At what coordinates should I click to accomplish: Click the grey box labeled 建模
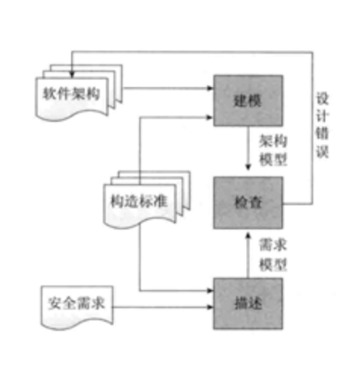248,101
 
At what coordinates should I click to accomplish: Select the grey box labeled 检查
248,203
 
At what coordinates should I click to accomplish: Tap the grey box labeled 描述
248,304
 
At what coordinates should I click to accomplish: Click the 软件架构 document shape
79,92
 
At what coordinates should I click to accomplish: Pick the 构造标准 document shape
147,199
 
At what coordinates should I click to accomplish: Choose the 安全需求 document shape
77,307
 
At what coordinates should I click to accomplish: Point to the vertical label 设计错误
322,125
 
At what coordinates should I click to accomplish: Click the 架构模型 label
273,151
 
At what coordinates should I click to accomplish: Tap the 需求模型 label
273,254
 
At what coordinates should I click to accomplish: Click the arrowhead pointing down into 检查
248,167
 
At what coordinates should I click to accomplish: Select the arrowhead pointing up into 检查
248,235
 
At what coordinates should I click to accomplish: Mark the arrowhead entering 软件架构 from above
72,74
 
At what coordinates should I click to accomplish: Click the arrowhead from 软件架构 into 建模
210,88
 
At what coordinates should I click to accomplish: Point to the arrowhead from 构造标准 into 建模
210,117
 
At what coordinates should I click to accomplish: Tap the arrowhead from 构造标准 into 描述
210,291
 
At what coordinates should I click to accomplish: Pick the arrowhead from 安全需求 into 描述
210,307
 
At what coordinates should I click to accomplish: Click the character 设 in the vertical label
322,98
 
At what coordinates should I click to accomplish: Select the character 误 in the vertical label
322,152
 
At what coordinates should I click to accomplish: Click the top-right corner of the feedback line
312,52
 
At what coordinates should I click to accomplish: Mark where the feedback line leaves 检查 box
283,204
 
